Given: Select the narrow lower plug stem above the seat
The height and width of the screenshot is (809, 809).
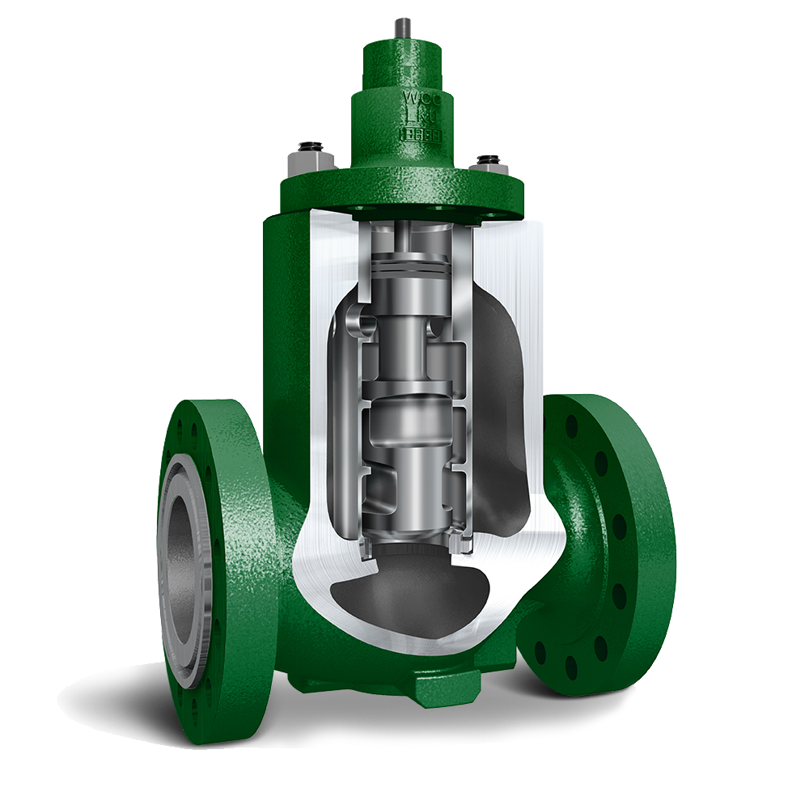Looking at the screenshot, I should coord(409,493).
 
